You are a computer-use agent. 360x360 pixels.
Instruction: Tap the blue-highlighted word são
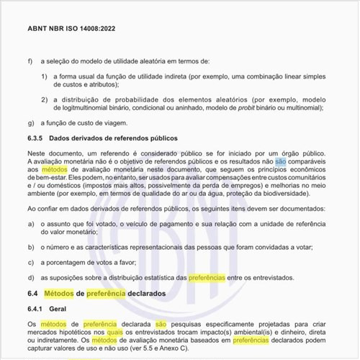point(280,161)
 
